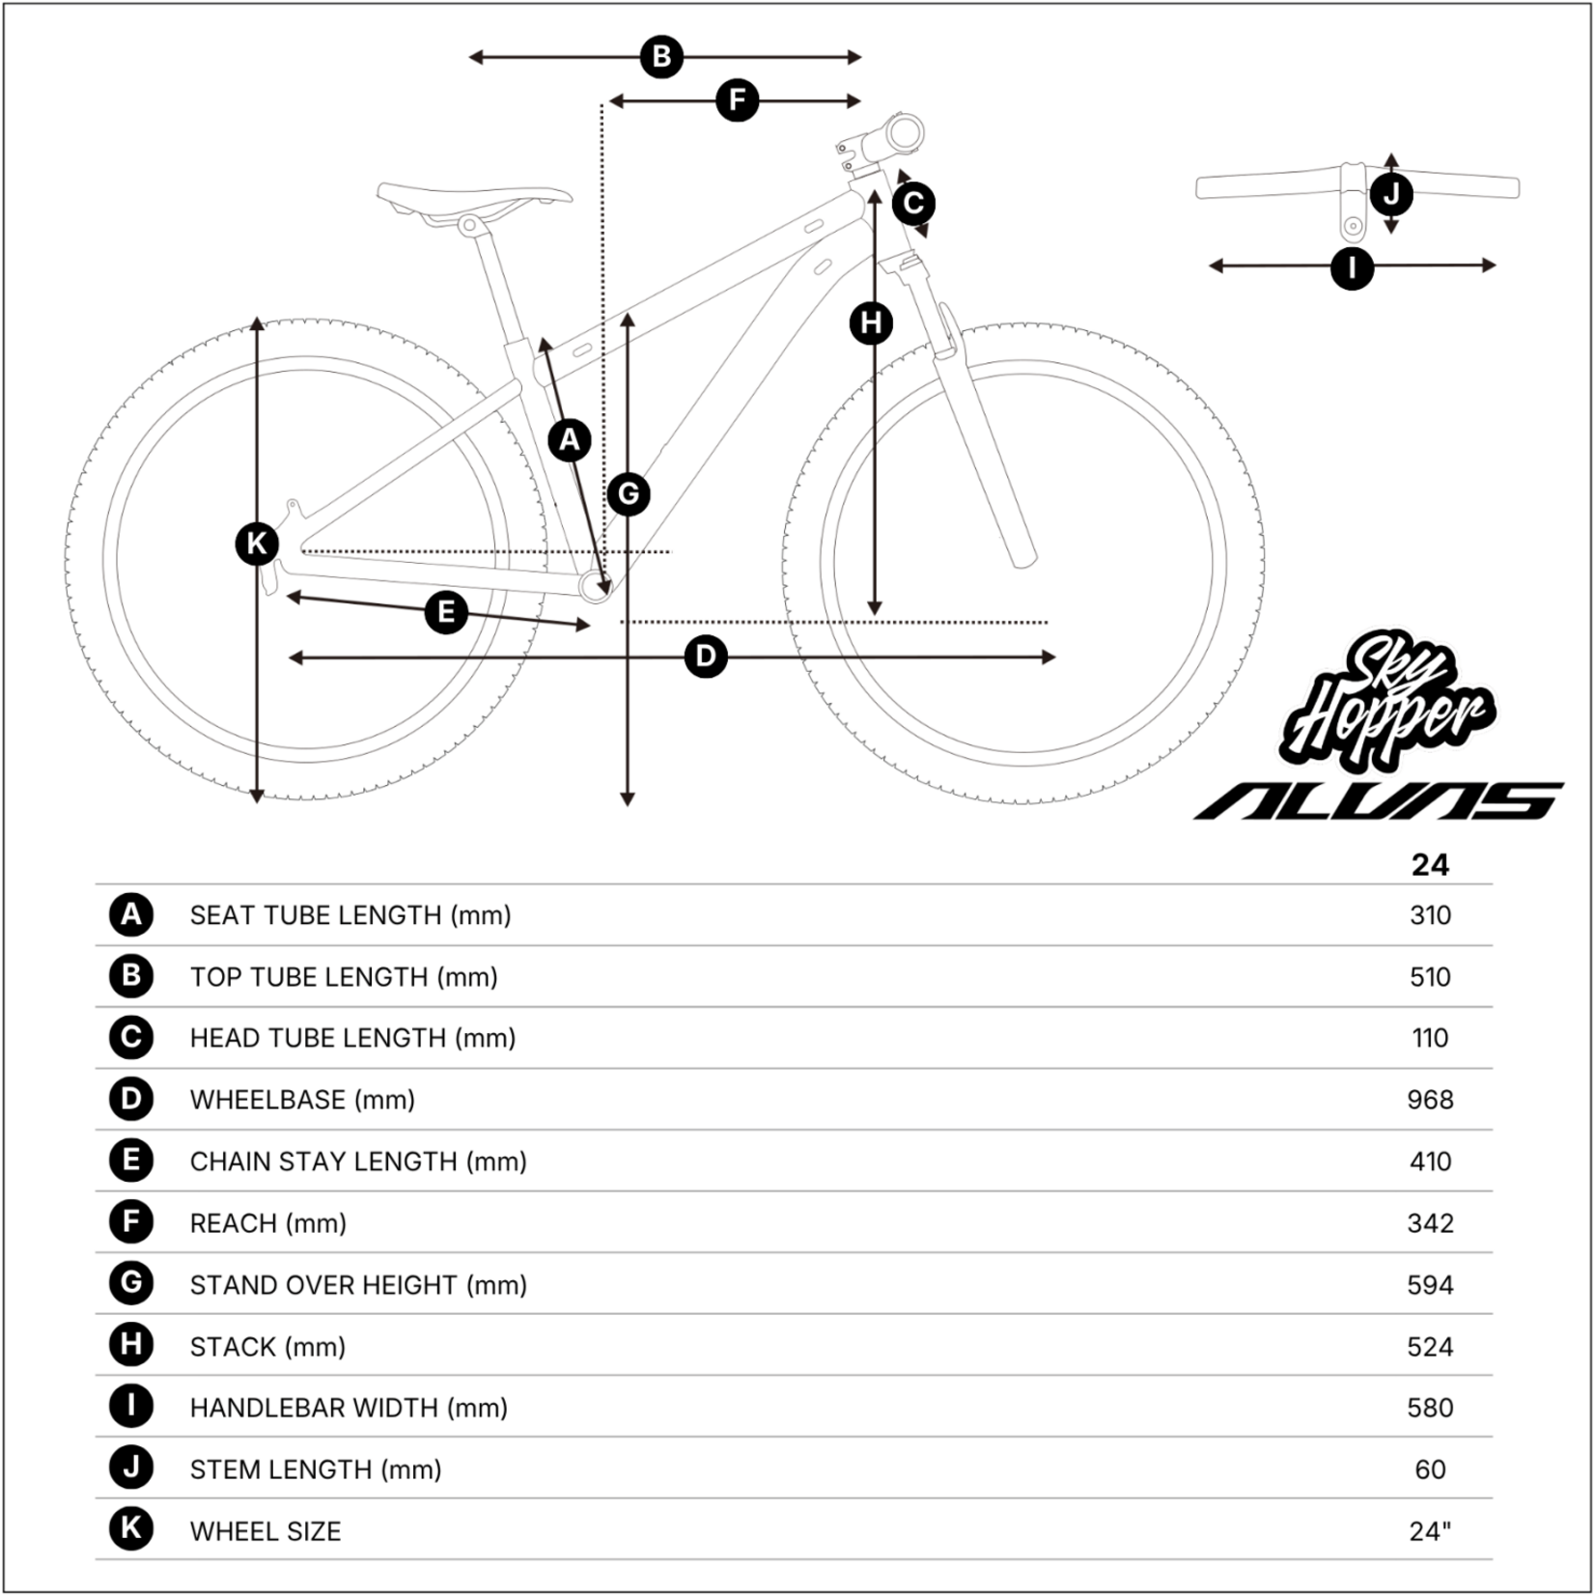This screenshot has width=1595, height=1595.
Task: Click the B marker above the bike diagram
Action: click(x=661, y=57)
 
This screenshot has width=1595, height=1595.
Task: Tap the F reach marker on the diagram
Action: click(x=738, y=100)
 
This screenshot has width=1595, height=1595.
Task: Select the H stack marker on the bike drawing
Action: click(x=871, y=323)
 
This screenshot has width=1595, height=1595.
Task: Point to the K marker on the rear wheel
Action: click(x=257, y=544)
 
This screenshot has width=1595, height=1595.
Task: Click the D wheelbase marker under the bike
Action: click(x=706, y=657)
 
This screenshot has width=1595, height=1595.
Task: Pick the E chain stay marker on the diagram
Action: click(x=446, y=612)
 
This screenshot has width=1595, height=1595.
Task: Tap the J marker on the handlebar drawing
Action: click(x=1391, y=194)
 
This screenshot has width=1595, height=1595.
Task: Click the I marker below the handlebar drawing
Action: click(x=1352, y=267)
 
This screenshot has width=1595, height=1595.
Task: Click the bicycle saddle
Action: click(x=473, y=200)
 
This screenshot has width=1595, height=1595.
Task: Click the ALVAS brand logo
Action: click(x=1379, y=801)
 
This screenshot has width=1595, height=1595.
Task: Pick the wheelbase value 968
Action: click(x=1430, y=1100)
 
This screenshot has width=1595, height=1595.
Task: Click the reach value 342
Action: click(x=1430, y=1223)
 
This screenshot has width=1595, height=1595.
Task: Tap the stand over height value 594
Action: click(x=1430, y=1285)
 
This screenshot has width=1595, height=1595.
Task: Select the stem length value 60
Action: click(x=1430, y=1469)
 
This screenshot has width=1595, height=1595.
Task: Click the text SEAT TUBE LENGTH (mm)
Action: click(x=350, y=915)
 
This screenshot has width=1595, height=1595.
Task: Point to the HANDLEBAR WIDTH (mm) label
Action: click(x=349, y=1408)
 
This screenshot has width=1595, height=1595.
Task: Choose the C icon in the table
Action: click(x=131, y=1038)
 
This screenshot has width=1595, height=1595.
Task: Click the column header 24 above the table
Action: click(x=1430, y=865)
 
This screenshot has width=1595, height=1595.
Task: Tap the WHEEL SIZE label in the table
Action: click(x=266, y=1531)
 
